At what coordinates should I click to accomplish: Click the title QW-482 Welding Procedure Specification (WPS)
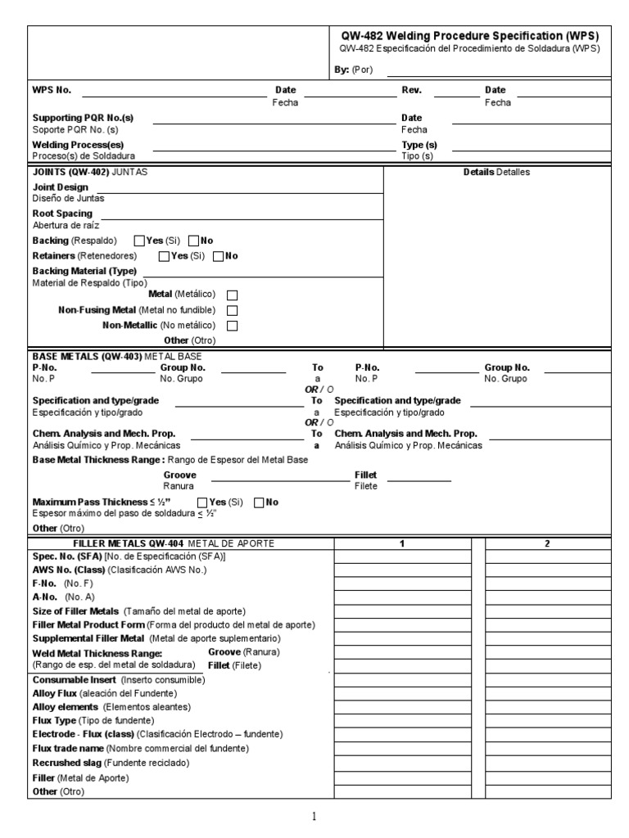pos(468,36)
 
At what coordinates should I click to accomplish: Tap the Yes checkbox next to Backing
pos(138,241)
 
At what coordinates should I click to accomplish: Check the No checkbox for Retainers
pos(218,256)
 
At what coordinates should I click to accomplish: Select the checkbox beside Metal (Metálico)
pos(232,295)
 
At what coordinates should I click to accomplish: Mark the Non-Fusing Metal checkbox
pos(232,310)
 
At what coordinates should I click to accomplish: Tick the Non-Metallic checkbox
pos(232,326)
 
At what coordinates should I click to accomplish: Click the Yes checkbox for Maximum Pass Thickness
pos(202,502)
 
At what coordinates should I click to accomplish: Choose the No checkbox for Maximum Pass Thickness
pos(260,502)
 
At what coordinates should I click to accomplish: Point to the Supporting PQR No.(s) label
pos(82,118)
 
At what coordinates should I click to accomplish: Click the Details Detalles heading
pos(497,173)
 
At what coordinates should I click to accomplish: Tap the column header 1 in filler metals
pos(402,543)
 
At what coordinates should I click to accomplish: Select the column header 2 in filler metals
pos(547,543)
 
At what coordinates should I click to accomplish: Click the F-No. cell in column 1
pos(402,583)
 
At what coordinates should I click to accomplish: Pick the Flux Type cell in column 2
pos(547,720)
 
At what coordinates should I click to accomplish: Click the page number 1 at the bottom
pos(314,816)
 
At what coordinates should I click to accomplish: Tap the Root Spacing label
pos(62,214)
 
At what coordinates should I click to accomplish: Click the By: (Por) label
pos(354,70)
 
